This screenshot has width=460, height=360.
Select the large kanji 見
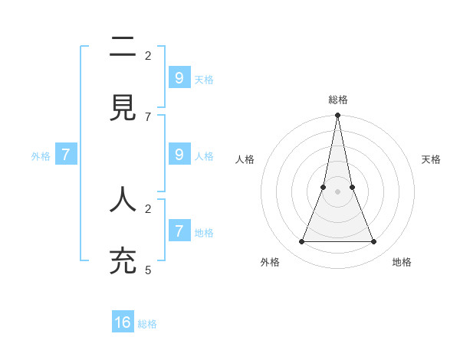[x=123, y=109]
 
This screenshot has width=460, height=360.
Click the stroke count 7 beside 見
[x=148, y=116]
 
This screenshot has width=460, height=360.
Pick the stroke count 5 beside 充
[x=148, y=270]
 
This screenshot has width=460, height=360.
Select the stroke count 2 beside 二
[x=148, y=55]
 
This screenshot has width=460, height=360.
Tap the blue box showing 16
[x=123, y=322]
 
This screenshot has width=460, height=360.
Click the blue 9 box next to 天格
[x=179, y=77]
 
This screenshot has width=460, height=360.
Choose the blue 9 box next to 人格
[x=179, y=154]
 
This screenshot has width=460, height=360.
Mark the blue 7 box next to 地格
[x=179, y=230]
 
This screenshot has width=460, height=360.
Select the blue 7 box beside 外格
[x=66, y=154]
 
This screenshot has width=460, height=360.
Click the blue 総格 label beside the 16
[x=147, y=324]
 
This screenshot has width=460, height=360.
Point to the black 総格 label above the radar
[x=337, y=100]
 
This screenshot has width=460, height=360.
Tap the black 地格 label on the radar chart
[x=402, y=262]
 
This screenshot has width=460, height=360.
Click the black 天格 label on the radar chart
[x=431, y=159]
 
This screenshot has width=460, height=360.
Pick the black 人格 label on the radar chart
[x=245, y=159]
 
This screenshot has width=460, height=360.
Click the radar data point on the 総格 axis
[x=337, y=116]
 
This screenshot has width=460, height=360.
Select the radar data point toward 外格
[x=301, y=242]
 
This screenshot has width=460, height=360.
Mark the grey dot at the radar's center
[x=337, y=191]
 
